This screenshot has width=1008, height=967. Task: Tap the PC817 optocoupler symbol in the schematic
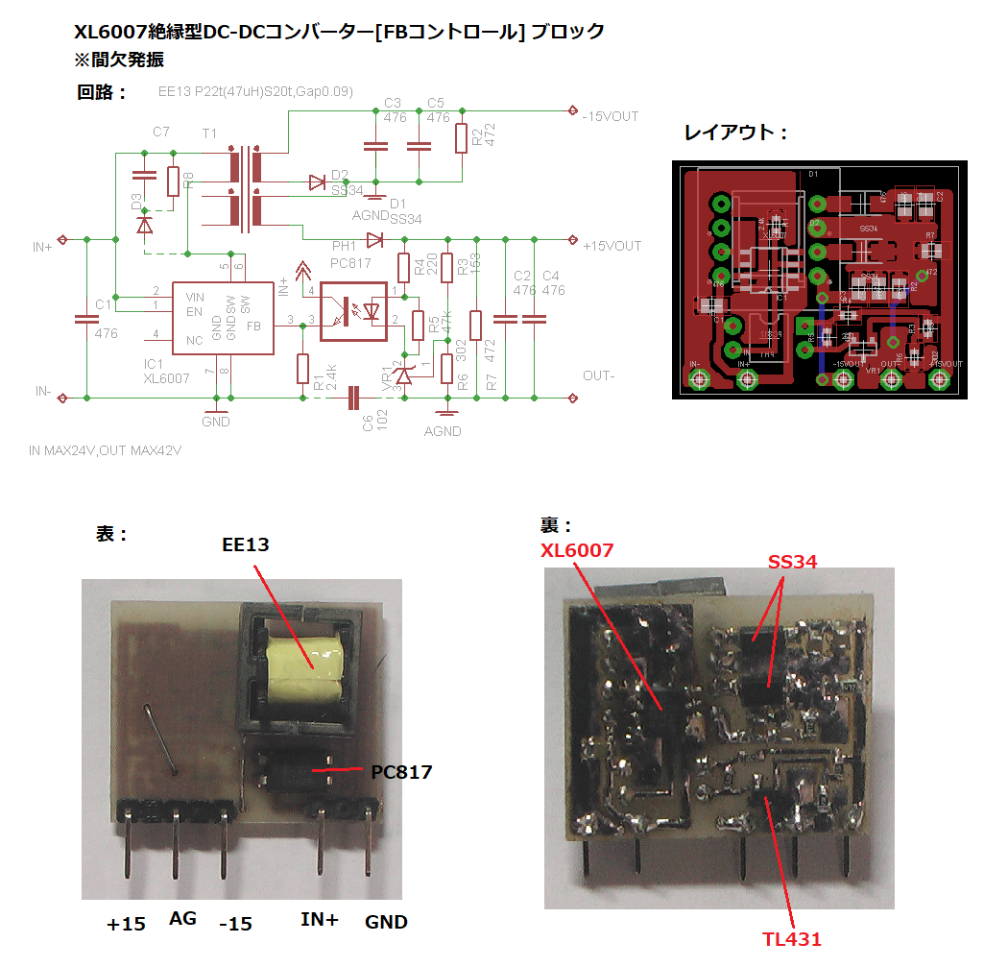[352, 310]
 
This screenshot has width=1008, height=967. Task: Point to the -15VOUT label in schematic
[610, 116]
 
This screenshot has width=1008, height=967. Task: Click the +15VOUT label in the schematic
[612, 246]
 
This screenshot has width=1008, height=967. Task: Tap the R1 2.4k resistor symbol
[303, 369]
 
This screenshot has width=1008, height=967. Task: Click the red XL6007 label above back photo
[577, 550]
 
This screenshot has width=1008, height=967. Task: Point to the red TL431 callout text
[791, 938]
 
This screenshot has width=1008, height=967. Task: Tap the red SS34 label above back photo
[792, 562]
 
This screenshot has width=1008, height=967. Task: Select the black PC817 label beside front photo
[401, 771]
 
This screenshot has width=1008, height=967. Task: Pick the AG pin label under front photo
[182, 919]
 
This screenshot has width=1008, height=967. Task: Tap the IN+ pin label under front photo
[320, 920]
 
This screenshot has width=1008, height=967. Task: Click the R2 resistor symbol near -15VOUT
[462, 137]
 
